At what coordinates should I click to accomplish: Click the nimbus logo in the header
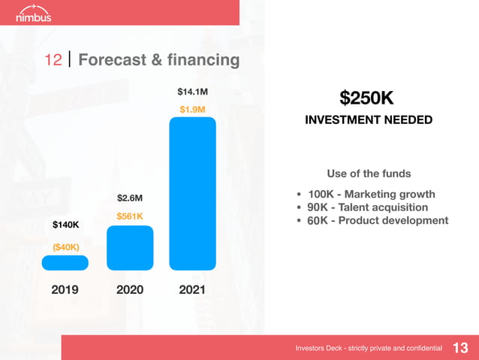[33, 14]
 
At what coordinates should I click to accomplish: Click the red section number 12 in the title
[53, 60]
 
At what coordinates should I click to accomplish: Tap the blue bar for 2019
[65, 262]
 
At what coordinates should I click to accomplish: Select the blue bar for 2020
[130, 248]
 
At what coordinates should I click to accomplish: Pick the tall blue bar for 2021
[193, 193]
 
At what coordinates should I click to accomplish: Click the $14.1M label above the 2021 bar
[192, 92]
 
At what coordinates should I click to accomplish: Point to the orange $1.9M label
[192, 110]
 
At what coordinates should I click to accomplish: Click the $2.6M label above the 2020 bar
[130, 198]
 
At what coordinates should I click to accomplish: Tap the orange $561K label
[130, 216]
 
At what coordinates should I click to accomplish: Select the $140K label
[65, 225]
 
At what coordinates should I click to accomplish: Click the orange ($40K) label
[65, 247]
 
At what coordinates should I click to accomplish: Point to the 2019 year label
[65, 289]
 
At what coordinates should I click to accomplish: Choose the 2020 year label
[130, 289]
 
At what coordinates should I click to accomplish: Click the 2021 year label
[193, 289]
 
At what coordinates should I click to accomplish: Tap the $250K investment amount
[366, 98]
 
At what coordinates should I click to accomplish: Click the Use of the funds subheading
[369, 174]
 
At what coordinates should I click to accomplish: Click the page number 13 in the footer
[460, 348]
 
